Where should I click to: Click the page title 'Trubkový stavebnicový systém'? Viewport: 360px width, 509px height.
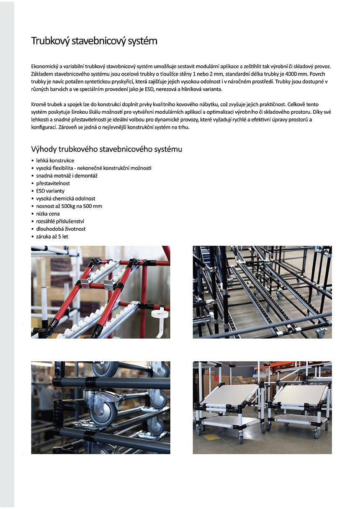[x=94, y=41]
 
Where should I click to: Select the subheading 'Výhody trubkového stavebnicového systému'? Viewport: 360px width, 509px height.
[x=106, y=149]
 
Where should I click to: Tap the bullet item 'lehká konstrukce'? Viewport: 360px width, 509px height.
[x=55, y=160]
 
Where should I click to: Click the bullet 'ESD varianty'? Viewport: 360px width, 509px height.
[x=50, y=191]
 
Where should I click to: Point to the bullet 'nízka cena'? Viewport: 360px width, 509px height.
[x=48, y=213]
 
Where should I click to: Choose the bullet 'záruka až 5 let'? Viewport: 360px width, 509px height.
[x=52, y=237]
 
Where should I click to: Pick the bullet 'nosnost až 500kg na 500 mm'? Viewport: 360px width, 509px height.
[x=69, y=206]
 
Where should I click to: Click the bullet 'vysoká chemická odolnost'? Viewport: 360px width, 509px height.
[x=65, y=198]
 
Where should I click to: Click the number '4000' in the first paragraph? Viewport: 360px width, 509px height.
[x=290, y=74]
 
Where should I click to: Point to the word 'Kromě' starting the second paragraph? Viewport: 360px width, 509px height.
[x=39, y=104]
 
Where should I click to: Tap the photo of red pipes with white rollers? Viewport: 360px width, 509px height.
[x=100, y=292]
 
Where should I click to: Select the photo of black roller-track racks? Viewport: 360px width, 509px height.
[x=262, y=292]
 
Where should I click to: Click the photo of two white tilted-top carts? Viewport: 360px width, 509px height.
[x=262, y=407]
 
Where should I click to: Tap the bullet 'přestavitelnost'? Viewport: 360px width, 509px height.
[x=53, y=183]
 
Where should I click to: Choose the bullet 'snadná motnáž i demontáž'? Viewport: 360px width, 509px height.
[x=67, y=176]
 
